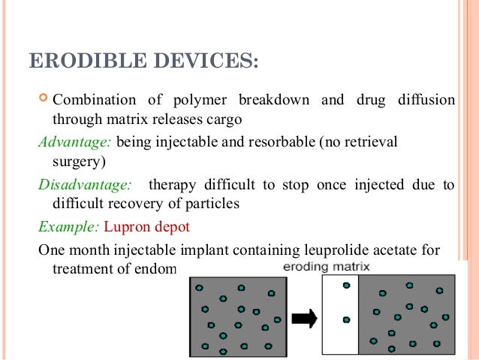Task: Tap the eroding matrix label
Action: [x=325, y=267]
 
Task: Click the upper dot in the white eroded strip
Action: [x=346, y=286]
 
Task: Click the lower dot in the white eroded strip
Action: [x=346, y=319]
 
